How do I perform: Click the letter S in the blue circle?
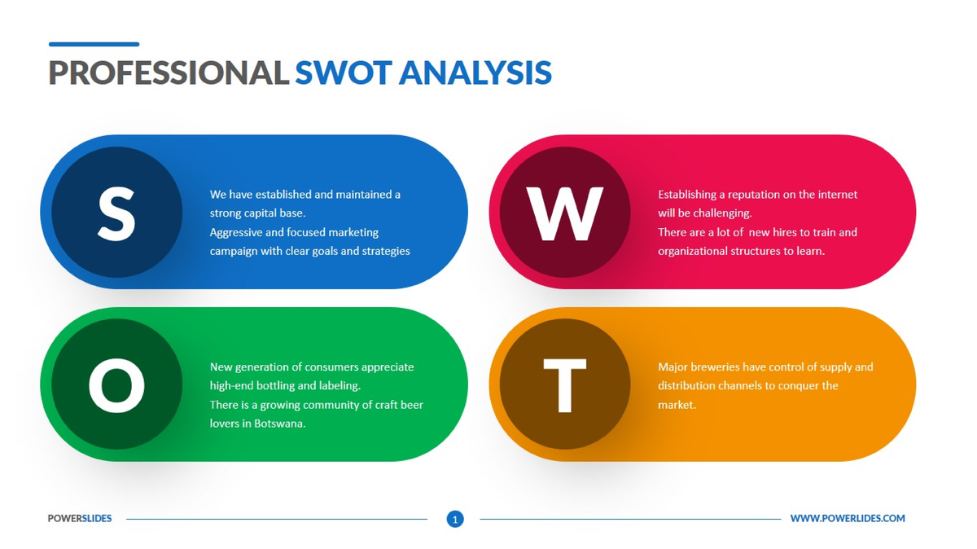[116, 213]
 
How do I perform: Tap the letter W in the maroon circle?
[564, 213]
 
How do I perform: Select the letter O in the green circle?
[116, 384]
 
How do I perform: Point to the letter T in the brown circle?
[564, 385]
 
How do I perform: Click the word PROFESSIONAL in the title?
[169, 73]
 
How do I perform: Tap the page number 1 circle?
[455, 519]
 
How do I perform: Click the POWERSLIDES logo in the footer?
[80, 518]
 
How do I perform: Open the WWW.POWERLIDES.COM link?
[847, 518]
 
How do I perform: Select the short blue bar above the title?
[94, 44]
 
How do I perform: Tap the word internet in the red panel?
[835, 195]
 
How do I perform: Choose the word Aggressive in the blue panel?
[236, 232]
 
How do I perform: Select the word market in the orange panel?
[676, 405]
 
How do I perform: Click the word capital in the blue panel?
[262, 213]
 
